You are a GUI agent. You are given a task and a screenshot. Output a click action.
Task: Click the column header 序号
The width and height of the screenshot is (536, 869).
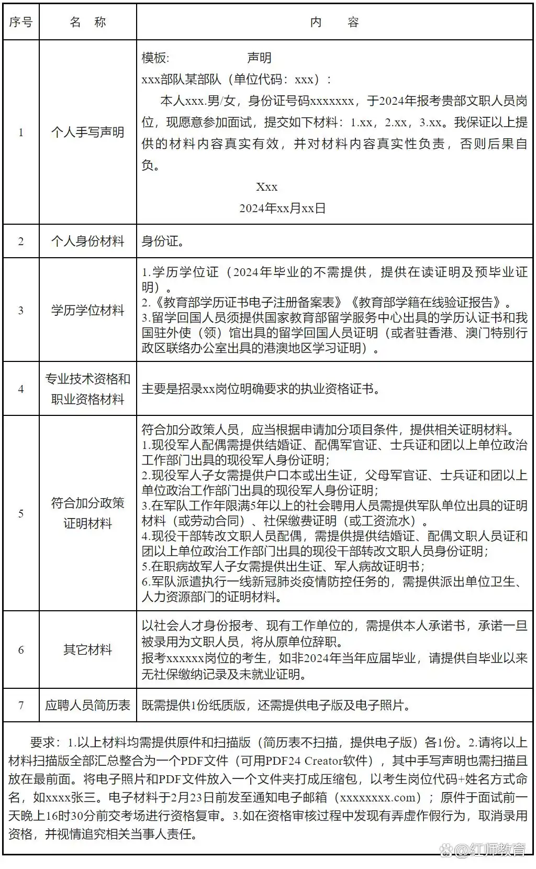click(21, 22)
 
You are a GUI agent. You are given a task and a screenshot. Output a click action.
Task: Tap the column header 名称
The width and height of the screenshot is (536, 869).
click(87, 22)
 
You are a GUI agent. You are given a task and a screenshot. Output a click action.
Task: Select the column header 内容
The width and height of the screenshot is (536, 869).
click(334, 22)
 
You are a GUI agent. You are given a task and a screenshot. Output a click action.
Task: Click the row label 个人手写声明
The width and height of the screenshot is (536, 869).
click(87, 132)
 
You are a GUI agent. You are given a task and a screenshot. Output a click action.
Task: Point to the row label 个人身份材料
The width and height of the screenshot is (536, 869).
click(87, 241)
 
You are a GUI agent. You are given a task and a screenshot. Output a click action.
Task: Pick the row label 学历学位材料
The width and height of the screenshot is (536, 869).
click(87, 310)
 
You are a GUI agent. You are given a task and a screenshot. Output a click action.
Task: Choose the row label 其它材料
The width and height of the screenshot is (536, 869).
click(87, 650)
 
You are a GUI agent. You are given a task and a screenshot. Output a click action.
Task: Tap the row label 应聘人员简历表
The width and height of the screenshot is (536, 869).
click(87, 705)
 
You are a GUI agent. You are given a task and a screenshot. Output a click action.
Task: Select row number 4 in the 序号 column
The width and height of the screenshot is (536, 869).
click(21, 389)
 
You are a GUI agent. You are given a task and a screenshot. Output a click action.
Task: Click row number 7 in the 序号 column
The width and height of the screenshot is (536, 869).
click(21, 705)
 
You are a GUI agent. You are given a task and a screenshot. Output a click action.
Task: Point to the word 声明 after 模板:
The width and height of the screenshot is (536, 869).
click(259, 58)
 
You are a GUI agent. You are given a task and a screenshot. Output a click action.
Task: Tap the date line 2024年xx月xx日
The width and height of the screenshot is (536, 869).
click(282, 208)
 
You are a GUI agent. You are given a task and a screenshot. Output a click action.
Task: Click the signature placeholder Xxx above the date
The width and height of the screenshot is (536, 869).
click(266, 186)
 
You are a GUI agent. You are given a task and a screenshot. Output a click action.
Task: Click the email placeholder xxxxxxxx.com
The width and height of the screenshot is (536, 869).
click(381, 797)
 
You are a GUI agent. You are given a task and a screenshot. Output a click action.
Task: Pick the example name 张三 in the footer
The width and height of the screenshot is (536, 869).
click(85, 797)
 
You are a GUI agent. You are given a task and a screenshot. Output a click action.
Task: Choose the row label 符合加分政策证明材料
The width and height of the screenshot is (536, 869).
click(87, 513)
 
